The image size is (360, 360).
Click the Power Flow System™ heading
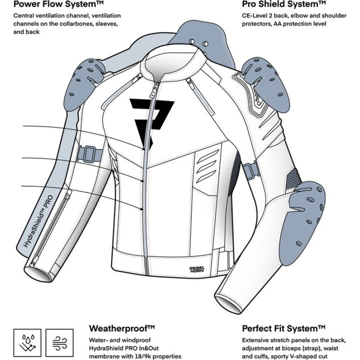coord(58,4)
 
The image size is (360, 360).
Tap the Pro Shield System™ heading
coord(284,4)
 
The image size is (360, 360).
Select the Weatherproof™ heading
coord(122,328)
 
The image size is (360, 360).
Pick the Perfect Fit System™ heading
coord(283,328)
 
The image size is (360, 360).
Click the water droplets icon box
coord(27,343)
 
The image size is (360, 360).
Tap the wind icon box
coord(59,343)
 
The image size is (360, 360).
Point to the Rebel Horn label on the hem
coord(197,269)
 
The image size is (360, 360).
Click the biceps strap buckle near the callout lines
coord(90,154)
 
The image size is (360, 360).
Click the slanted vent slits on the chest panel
coord(207,166)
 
